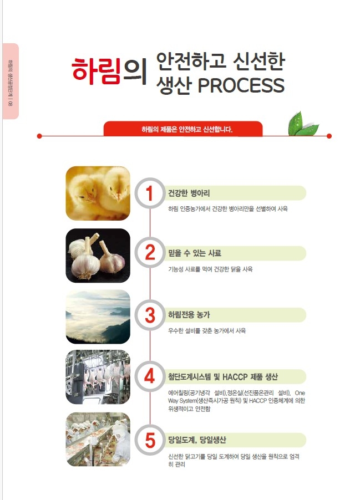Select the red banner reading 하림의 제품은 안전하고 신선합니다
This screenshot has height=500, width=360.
pyautogui.click(x=183, y=129)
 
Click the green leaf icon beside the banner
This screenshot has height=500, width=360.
pyautogui.click(x=303, y=124)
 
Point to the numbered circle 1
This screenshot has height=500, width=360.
pyautogui.click(x=149, y=194)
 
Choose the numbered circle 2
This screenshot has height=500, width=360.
pyautogui.click(x=149, y=253)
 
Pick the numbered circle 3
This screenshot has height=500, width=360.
pyautogui.click(x=149, y=315)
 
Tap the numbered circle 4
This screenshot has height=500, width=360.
pyautogui.click(x=149, y=377)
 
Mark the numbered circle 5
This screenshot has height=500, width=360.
pyautogui.click(x=149, y=440)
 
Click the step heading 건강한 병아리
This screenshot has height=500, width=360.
pyautogui.click(x=189, y=193)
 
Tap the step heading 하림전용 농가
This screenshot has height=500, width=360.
pyautogui.click(x=189, y=315)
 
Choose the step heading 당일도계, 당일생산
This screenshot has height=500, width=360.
pyautogui.click(x=197, y=440)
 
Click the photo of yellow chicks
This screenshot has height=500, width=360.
pyautogui.click(x=98, y=193)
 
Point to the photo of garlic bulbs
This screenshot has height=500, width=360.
pyautogui.click(x=98, y=255)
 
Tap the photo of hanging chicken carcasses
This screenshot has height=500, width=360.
pyautogui.click(x=98, y=377)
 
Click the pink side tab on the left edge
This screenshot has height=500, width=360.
pyautogui.click(x=11, y=81)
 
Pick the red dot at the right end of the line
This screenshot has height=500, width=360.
pyautogui.click(x=329, y=136)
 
